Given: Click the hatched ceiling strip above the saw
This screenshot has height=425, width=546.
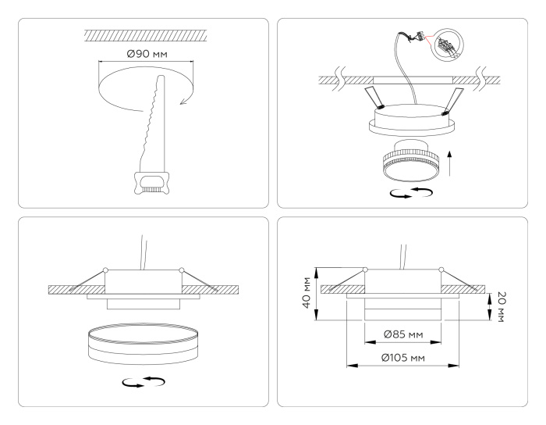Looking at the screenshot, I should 146,35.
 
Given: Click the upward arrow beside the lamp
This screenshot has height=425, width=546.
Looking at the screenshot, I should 450,164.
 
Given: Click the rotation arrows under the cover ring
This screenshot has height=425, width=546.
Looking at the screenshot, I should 145,382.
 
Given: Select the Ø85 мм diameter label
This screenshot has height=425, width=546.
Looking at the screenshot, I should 404,335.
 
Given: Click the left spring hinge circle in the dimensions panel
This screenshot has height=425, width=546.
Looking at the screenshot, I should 365,270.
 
